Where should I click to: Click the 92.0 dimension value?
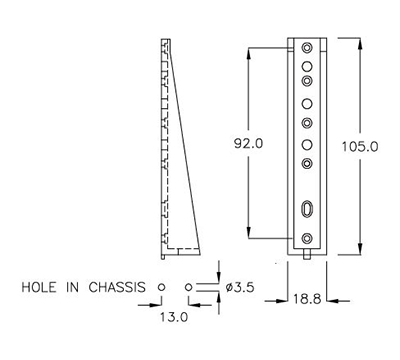[247, 143]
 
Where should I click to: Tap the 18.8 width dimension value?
[306, 298]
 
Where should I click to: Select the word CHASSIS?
[117, 287]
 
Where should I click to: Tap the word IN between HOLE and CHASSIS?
[76, 287]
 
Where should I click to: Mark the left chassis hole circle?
[161, 286]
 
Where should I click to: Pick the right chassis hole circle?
[189, 286]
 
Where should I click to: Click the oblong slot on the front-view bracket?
[306, 210]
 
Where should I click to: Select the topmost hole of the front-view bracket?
[306, 47]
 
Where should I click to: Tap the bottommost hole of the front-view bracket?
[306, 238]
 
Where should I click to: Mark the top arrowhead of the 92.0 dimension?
[248, 49]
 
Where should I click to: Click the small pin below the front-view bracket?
[306, 254]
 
